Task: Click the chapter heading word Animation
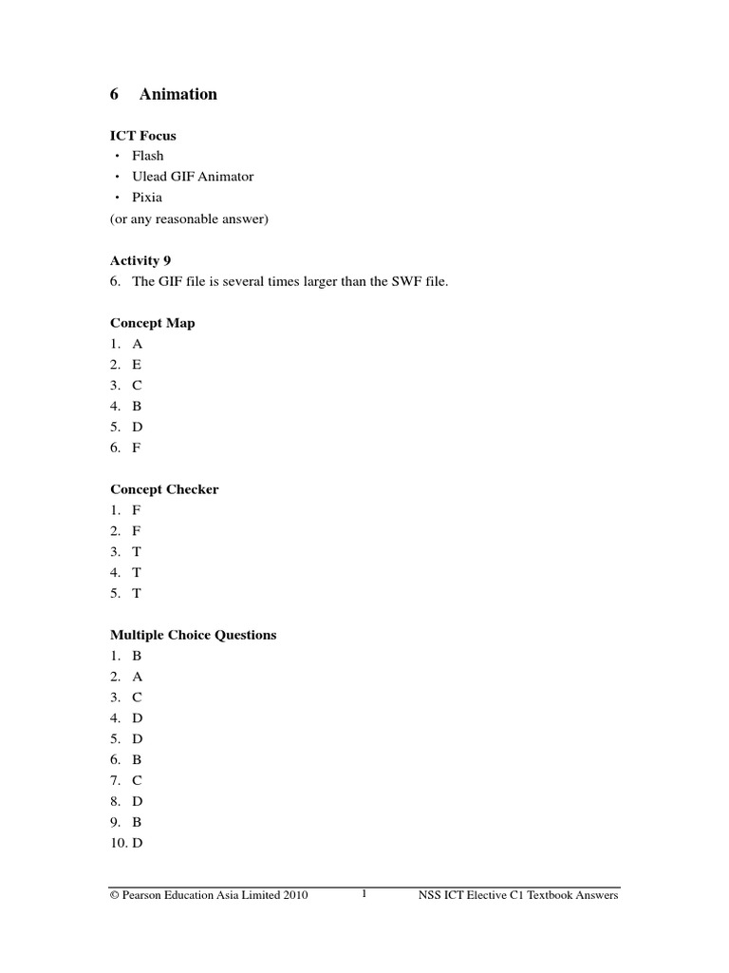tap(178, 94)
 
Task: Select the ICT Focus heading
tap(143, 136)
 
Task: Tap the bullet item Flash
tap(148, 156)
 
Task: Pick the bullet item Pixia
tap(147, 198)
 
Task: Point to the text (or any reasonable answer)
tap(190, 219)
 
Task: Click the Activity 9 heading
tap(140, 260)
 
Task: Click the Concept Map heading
tap(153, 323)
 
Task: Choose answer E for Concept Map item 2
tap(137, 365)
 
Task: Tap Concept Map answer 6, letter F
tap(137, 448)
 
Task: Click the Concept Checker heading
tap(164, 489)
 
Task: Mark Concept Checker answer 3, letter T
tap(137, 552)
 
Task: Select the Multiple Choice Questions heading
tap(194, 635)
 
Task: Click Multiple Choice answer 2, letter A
tap(138, 677)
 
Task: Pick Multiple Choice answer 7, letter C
tap(138, 780)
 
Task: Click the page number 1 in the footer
tap(364, 894)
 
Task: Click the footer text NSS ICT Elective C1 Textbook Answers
tap(518, 896)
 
